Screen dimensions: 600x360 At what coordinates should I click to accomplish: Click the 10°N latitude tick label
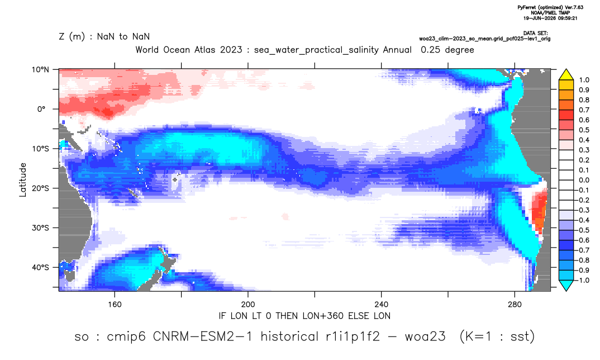pos(40,70)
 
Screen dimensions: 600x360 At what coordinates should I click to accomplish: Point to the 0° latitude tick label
pos(41,109)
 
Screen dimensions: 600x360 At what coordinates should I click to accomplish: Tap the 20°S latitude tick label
pos(40,188)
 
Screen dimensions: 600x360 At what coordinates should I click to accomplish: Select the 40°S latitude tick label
pos(40,267)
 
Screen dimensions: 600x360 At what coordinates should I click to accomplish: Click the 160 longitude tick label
pos(115,305)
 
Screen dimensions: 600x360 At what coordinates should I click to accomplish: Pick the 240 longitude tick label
pos(382,305)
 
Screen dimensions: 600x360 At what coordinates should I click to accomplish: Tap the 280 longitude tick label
pos(515,305)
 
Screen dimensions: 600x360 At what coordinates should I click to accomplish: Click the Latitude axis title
pos(23,180)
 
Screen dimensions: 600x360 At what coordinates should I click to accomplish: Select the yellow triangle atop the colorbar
pos(566,74)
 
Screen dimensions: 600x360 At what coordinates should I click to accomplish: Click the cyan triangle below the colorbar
pos(566,285)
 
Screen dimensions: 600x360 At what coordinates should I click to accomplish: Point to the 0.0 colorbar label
pos(584,180)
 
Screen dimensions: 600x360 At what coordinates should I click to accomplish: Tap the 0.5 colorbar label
pos(584,130)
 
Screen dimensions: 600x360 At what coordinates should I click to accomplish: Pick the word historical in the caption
pos(289,337)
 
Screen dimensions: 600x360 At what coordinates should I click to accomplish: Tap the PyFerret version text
pos(550,7)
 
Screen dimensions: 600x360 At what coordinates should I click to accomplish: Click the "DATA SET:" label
pos(535,34)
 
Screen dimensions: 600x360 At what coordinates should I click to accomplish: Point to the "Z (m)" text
pos(72,37)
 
